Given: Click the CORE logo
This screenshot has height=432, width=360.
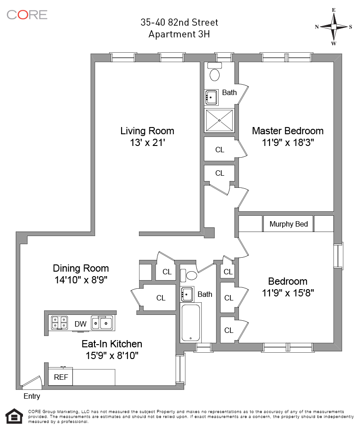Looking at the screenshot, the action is [x=27, y=15].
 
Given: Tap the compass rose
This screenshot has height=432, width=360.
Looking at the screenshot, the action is [x=333, y=27].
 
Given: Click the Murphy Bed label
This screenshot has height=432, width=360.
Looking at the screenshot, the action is [x=288, y=224].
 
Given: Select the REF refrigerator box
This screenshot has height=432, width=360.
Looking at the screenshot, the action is [x=61, y=377].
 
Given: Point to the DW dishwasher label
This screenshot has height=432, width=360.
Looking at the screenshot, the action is [x=81, y=324].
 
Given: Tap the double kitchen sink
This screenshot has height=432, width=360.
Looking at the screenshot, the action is [x=102, y=323].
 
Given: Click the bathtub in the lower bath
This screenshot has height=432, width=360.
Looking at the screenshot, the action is [x=191, y=323].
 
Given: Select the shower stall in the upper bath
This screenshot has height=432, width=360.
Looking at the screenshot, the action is [x=219, y=120].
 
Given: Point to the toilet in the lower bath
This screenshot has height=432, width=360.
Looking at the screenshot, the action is [x=189, y=275].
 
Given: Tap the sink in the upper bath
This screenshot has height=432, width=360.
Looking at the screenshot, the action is [x=211, y=97].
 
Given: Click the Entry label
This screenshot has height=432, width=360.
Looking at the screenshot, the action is [x=32, y=396].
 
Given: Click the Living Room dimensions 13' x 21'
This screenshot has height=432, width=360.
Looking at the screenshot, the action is [x=147, y=143].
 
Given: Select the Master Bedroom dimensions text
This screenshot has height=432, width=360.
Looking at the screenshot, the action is [x=288, y=143].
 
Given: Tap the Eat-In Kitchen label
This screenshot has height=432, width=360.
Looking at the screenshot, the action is [x=112, y=344].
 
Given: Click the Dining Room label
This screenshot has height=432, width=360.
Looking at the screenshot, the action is [x=81, y=268].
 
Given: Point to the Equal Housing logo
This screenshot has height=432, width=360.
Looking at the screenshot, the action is [x=14, y=416].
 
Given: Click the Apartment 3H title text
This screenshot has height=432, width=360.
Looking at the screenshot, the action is [x=179, y=34].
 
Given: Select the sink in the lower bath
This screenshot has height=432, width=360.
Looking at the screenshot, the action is [x=187, y=294].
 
